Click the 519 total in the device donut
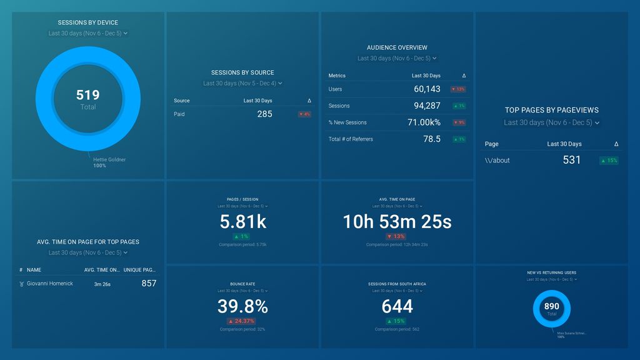pos(87,95)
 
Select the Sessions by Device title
pos(87,22)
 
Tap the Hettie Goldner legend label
pos(109,159)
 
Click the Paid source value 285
pos(264,114)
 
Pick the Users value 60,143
pos(427,89)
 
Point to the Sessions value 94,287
pos(427,106)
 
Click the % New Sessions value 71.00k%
pos(424,122)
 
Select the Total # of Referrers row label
pos(351,139)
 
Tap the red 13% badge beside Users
pos(458,89)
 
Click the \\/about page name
pos(497,161)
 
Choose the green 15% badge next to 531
pos(609,161)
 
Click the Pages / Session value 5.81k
pos(242,221)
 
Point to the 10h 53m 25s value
pos(397,221)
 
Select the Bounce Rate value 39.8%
pos(242,306)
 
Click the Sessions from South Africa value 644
pos(397,306)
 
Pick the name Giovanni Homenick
pos(50,284)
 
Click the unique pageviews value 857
pos(149,284)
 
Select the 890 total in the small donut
pos(551,306)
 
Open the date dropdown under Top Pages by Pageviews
pos(552,123)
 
